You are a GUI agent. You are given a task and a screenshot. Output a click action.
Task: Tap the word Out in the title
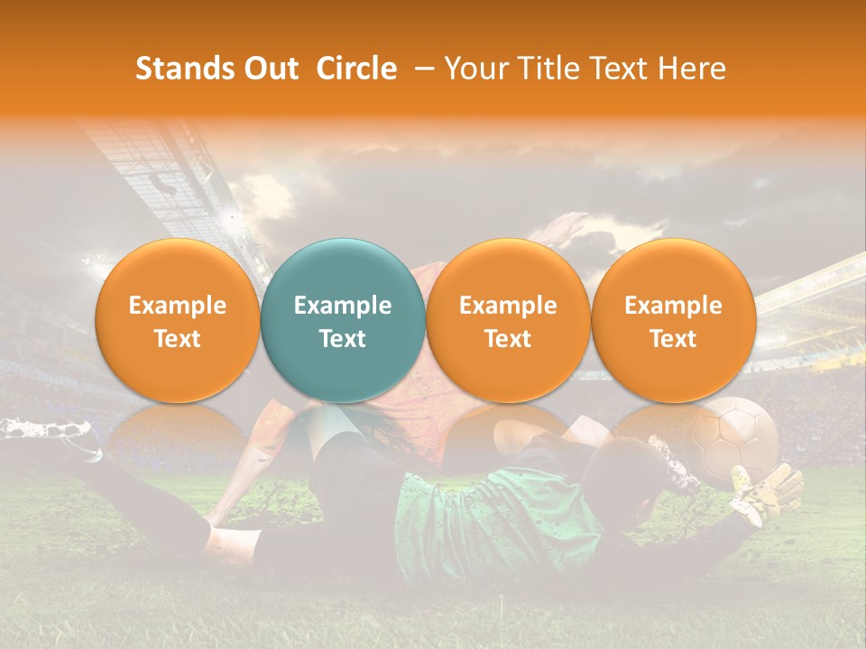point(272,69)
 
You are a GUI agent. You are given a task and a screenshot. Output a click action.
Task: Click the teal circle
point(343,320)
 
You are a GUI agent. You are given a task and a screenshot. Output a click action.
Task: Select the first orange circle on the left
point(177,320)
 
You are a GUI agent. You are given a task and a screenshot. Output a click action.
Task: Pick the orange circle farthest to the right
point(673,320)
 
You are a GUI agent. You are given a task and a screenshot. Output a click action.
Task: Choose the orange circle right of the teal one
point(508,320)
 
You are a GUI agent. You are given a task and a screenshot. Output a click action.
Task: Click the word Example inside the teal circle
point(343,306)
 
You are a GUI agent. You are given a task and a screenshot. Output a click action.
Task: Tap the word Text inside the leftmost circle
point(177,339)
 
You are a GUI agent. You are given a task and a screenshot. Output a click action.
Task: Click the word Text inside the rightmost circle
point(673,339)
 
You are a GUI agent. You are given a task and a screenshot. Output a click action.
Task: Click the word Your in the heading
point(473,69)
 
